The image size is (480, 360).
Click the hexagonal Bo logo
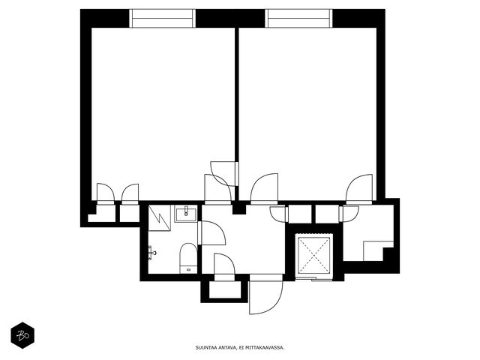22,335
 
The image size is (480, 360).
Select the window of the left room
162,18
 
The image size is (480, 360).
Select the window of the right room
298,18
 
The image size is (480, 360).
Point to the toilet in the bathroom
188,258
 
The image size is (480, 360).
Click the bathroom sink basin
186,213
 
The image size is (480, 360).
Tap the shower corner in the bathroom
160,218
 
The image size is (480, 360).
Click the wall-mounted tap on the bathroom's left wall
152,253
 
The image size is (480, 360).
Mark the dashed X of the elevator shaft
314,256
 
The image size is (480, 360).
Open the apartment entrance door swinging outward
265,295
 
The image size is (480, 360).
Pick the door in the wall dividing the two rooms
224,173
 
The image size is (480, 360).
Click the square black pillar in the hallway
238,208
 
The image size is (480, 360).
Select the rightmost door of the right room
359,189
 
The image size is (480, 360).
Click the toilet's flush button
188,270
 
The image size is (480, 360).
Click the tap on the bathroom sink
186,211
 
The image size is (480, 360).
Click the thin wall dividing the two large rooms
237,95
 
